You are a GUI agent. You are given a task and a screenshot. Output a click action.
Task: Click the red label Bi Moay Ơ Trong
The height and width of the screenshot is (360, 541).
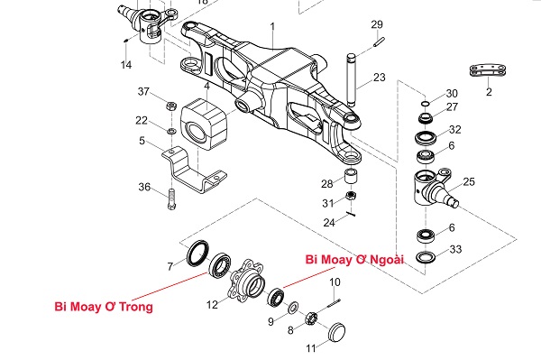[104, 307]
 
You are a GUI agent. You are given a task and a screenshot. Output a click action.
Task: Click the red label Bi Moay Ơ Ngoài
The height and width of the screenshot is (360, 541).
[354, 259]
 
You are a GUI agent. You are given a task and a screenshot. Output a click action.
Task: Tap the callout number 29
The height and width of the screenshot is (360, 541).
[377, 24]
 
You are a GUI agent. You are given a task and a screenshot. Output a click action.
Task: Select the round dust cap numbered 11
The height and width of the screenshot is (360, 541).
[336, 332]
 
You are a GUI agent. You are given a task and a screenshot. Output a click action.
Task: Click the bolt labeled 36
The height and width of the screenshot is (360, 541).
[171, 199]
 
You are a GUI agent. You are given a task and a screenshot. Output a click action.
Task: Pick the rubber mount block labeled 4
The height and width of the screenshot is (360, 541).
[204, 124]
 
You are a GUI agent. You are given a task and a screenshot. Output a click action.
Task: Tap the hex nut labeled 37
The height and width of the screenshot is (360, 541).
[171, 106]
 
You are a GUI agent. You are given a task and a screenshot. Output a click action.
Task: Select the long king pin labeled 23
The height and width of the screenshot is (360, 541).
[352, 80]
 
